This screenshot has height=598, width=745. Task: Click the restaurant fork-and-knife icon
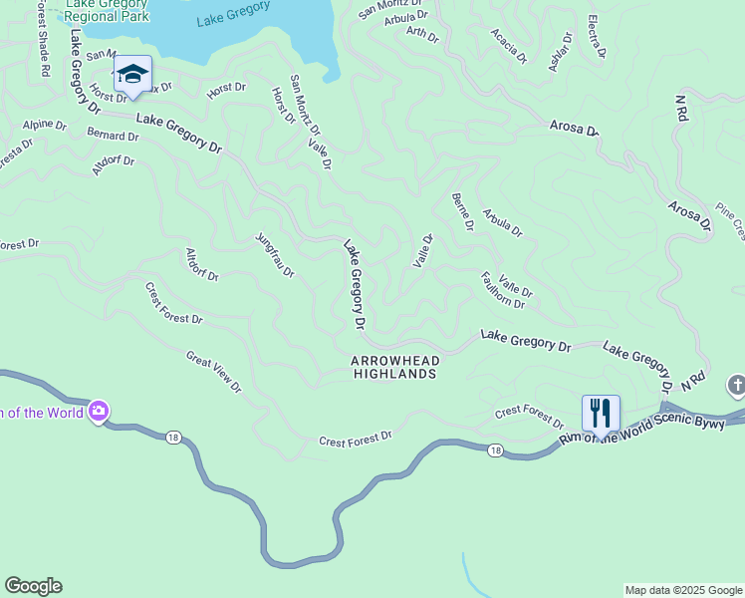[x=601, y=413]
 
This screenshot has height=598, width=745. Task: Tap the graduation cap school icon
[x=132, y=73]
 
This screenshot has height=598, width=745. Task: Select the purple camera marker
[x=98, y=411]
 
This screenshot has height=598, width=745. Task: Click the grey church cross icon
[x=736, y=385]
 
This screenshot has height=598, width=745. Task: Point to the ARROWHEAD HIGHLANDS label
[x=394, y=367]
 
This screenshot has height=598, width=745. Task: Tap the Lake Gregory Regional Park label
[x=107, y=10]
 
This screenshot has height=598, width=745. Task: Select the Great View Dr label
[x=213, y=371]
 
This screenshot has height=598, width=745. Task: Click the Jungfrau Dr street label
[x=275, y=256]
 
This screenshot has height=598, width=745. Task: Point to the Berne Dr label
[x=462, y=212]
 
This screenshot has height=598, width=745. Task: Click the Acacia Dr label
[x=508, y=46]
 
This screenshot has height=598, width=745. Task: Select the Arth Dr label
[x=422, y=35]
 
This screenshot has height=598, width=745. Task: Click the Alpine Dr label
[x=44, y=127]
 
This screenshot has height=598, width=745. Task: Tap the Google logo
[x=33, y=586]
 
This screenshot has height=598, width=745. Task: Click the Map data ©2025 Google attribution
[x=683, y=590]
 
